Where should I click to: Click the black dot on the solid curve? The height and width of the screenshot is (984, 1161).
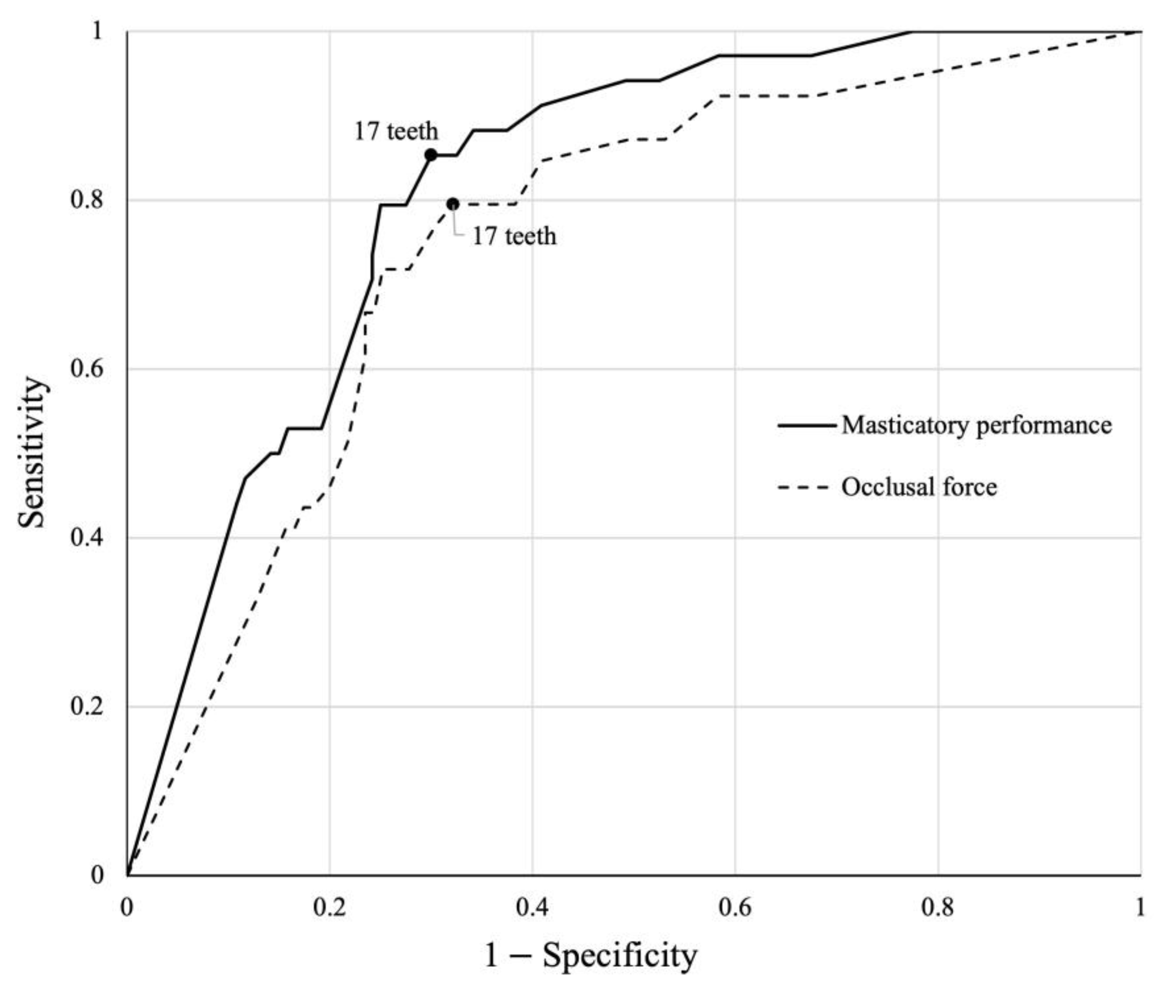(x=431, y=154)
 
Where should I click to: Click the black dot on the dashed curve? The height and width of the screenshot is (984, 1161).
(x=453, y=204)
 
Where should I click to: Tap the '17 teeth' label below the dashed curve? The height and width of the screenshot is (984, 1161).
(x=514, y=236)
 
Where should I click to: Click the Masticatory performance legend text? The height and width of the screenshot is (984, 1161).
(x=976, y=425)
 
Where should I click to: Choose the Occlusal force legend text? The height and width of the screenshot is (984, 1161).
(x=919, y=487)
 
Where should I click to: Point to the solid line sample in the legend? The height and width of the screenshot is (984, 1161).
(x=807, y=425)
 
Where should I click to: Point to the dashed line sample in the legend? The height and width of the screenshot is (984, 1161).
(x=807, y=487)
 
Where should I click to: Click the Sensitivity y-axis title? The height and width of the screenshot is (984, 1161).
(x=31, y=452)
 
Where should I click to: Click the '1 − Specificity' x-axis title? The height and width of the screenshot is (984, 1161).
(x=590, y=955)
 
